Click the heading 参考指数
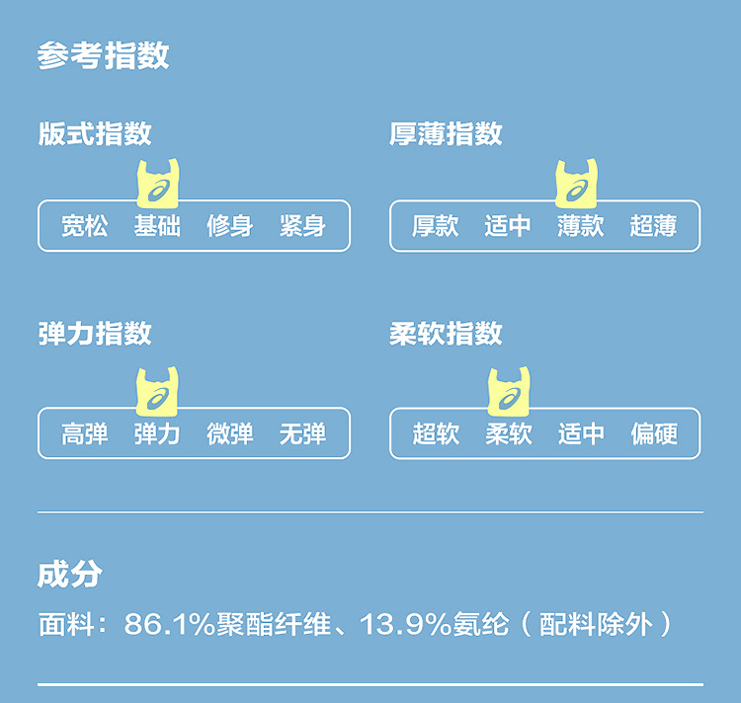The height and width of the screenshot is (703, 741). pyautogui.click(x=103, y=55)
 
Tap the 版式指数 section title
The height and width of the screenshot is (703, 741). pyautogui.click(x=95, y=134)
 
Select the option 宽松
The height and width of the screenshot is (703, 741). pyautogui.click(x=85, y=226)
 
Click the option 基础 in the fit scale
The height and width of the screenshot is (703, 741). pyautogui.click(x=158, y=226)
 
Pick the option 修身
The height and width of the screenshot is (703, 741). pyautogui.click(x=230, y=226)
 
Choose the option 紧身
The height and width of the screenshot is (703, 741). pyautogui.click(x=302, y=226)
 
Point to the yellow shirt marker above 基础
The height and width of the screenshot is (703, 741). pyautogui.click(x=158, y=184)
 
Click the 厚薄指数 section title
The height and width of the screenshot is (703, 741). pyautogui.click(x=446, y=134)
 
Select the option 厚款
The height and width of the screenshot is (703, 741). pyautogui.click(x=436, y=226)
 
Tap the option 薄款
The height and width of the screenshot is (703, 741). pyautogui.click(x=580, y=226)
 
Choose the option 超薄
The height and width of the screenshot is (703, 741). pyautogui.click(x=653, y=226)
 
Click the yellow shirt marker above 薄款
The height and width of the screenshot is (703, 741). pyautogui.click(x=579, y=184)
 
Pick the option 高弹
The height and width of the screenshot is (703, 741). pyautogui.click(x=85, y=433)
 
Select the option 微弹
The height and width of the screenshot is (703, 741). pyautogui.click(x=230, y=433)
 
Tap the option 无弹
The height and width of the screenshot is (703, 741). pyautogui.click(x=302, y=433)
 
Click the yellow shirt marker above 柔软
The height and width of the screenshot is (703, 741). pyautogui.click(x=509, y=391)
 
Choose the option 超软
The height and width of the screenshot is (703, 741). pyautogui.click(x=436, y=433)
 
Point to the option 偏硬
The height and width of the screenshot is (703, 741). pyautogui.click(x=653, y=433)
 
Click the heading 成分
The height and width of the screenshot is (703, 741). pyautogui.click(x=69, y=574)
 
